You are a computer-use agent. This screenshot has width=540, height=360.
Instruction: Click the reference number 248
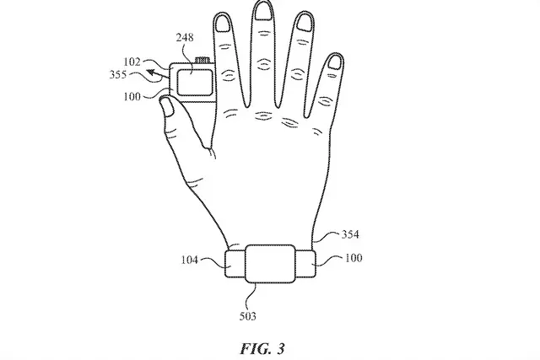click(185, 37)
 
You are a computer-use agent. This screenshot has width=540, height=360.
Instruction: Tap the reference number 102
click(132, 62)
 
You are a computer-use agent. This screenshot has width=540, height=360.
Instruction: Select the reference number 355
click(118, 75)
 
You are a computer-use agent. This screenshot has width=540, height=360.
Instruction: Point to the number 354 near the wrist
click(350, 234)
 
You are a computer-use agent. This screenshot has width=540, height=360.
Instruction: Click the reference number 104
click(190, 260)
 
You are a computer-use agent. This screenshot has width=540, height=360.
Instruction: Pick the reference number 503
click(248, 316)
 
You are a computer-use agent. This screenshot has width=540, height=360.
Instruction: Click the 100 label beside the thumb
click(132, 97)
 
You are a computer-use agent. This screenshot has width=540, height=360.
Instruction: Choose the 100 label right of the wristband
click(354, 258)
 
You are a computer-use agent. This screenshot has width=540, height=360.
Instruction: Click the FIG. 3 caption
click(262, 349)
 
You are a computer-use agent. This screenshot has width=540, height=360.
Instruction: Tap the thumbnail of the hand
click(168, 107)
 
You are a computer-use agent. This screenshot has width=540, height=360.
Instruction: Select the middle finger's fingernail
click(262, 11)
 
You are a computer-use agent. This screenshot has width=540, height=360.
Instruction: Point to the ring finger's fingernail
click(304, 24)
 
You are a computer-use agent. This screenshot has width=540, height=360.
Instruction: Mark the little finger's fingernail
click(334, 62)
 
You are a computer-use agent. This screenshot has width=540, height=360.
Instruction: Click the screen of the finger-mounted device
click(195, 83)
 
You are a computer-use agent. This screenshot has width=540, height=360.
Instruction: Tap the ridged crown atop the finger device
click(202, 61)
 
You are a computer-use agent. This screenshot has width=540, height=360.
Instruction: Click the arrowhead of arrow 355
click(151, 73)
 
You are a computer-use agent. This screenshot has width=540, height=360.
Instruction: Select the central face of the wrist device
click(270, 264)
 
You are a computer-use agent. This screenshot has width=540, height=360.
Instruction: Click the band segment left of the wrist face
click(235, 264)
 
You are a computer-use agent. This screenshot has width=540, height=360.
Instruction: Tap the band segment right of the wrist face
click(305, 264)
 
